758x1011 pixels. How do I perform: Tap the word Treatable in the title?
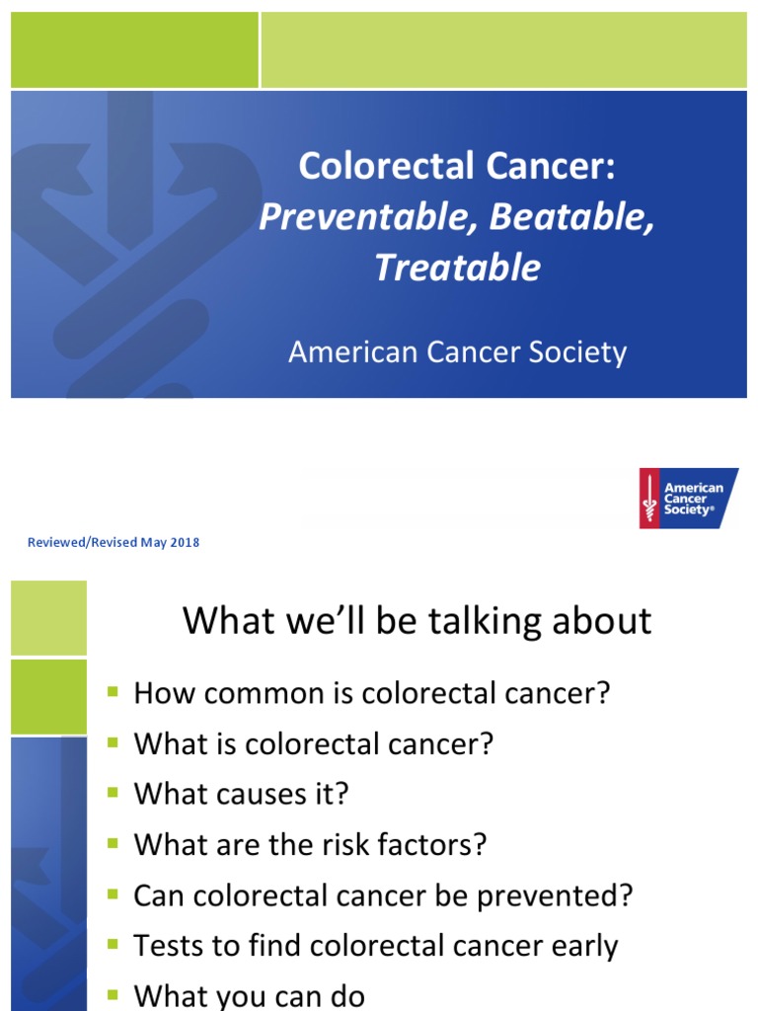(x=457, y=268)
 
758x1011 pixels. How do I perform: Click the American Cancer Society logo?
(x=688, y=498)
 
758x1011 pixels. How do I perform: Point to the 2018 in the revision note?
(x=185, y=543)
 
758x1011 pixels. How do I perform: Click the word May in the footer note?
(x=153, y=543)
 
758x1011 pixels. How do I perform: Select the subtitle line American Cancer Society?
(x=457, y=352)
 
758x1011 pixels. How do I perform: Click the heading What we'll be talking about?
(x=417, y=621)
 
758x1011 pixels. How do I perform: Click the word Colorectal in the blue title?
(x=385, y=167)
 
